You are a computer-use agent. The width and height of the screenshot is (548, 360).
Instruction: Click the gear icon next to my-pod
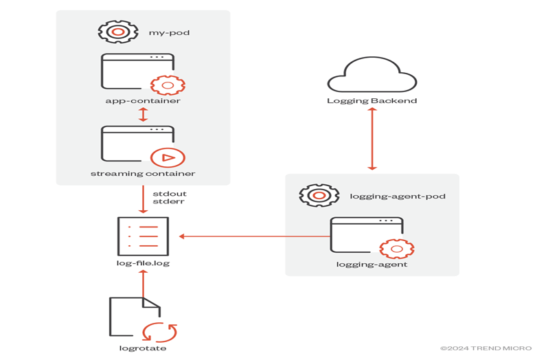(118, 32)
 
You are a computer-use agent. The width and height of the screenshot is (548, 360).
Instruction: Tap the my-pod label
(169, 32)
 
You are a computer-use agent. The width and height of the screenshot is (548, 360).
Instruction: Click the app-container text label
(143, 101)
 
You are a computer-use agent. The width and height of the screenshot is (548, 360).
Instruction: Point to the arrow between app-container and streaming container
(143, 114)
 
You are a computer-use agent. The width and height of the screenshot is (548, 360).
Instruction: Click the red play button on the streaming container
(168, 157)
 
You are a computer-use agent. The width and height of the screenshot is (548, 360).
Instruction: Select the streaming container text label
(143, 174)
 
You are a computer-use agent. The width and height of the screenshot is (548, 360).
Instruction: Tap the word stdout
(169, 194)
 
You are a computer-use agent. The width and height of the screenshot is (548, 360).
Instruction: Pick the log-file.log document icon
(143, 236)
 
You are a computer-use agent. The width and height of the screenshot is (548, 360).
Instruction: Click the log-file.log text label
(143, 264)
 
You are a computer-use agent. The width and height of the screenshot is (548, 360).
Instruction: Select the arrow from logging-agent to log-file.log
(254, 236)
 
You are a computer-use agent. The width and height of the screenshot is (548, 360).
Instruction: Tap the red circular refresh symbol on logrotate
(159, 332)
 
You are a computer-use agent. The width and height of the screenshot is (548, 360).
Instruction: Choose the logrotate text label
(143, 348)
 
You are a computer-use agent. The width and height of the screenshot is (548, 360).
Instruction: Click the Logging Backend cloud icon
(372, 75)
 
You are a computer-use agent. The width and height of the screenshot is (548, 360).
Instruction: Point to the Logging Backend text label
(372, 101)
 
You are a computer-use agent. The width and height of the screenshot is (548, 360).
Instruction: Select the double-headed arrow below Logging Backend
(372, 139)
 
